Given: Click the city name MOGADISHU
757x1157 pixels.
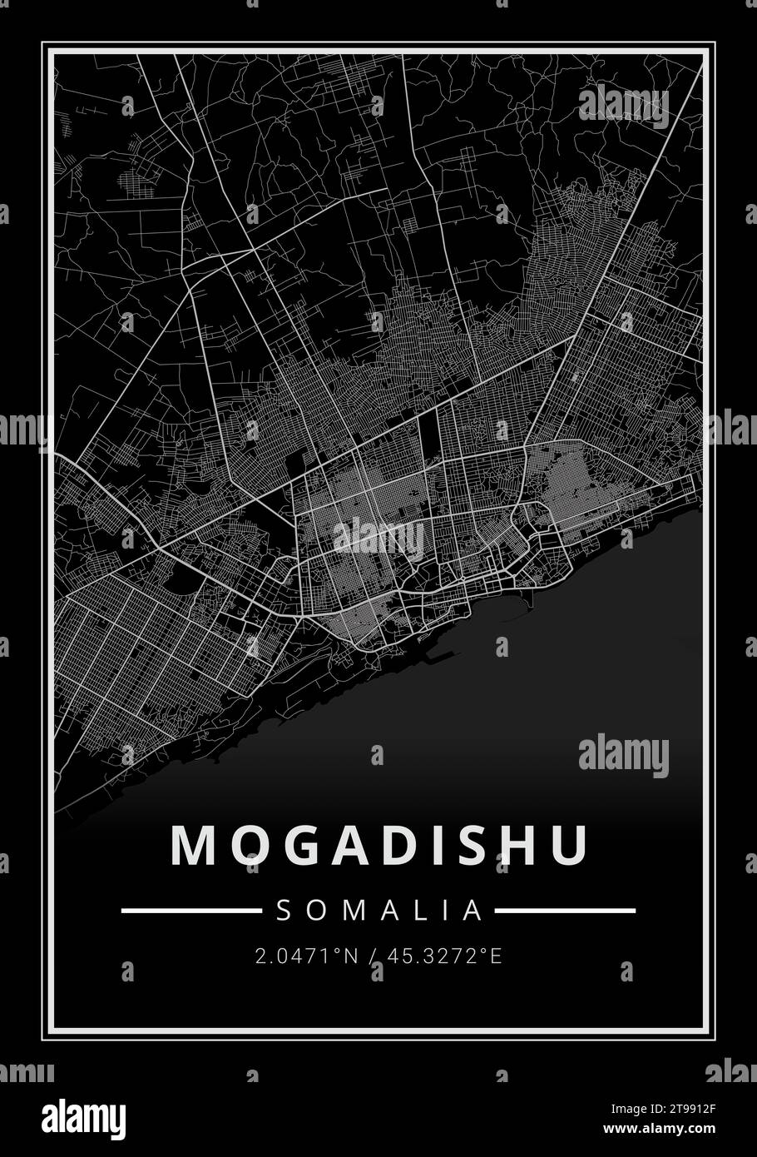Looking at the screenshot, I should pyautogui.click(x=379, y=846).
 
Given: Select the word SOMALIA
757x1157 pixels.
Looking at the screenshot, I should pyautogui.click(x=379, y=911).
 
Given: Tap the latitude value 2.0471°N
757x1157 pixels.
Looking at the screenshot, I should pyautogui.click(x=307, y=956).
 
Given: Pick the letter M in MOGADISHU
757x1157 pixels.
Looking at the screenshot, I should pyautogui.click(x=192, y=846).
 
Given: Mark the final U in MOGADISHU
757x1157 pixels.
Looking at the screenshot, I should pyautogui.click(x=571, y=846).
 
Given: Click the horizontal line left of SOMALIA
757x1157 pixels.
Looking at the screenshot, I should pyautogui.click(x=191, y=911).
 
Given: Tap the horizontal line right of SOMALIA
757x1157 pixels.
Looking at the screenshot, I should pyautogui.click(x=566, y=911).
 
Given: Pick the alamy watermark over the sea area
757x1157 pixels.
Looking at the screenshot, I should pyautogui.click(x=624, y=755).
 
